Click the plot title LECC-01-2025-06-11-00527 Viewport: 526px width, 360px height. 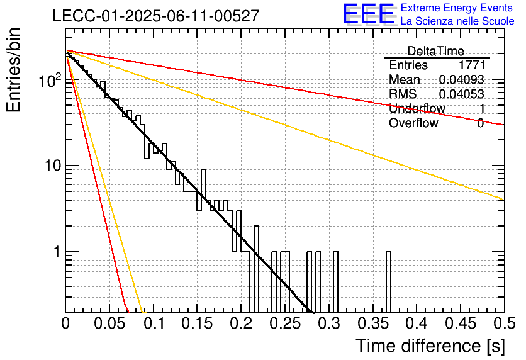click(156, 16)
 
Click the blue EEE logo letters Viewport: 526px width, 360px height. click(369, 14)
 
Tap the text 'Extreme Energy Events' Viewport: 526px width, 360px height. click(457, 8)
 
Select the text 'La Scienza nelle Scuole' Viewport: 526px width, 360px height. click(457, 21)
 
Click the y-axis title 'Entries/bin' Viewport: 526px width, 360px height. click(14, 70)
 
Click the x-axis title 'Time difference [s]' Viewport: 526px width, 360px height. click(430, 346)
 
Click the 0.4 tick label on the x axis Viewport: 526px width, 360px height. click(417, 323)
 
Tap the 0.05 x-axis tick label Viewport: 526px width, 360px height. click(109, 323)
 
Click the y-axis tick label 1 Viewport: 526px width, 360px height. click(57, 252)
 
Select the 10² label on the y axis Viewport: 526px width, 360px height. click(51, 81)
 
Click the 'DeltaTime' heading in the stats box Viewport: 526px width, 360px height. click(436, 51)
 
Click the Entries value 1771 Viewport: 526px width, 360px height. click(472, 65)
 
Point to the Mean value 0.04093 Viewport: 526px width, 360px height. click(462, 79)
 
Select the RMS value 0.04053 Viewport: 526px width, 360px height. click(462, 94)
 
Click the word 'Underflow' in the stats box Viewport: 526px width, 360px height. click(417, 108)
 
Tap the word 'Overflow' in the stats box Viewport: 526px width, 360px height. click(413, 123)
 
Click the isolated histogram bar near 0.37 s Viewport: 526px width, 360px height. click(388, 282)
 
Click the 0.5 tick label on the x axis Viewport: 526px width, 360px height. click(505, 323)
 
